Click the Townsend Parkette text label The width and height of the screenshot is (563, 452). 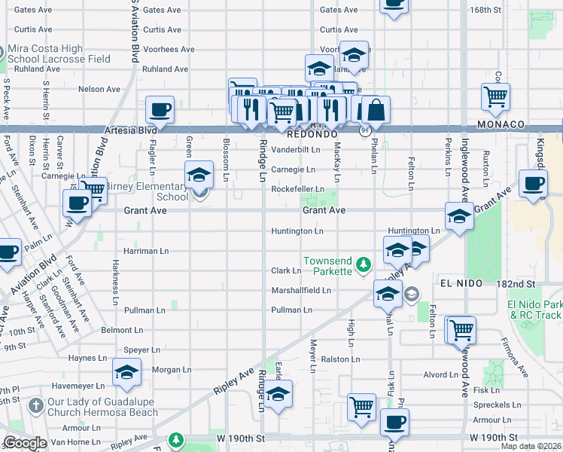[327, 266]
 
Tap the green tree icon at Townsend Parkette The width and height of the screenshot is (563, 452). [364, 264]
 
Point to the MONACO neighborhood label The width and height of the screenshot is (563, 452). [500, 124]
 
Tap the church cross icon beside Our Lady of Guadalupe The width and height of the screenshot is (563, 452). [35, 405]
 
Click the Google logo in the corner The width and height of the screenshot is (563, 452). [25, 443]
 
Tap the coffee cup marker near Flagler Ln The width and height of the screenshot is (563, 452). [160, 110]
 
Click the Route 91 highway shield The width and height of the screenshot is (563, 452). [364, 131]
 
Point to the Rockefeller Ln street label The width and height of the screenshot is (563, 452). [297, 189]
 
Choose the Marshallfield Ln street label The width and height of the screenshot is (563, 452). [301, 290]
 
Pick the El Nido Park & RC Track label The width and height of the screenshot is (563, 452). [534, 310]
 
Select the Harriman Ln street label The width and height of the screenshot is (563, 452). [142, 251]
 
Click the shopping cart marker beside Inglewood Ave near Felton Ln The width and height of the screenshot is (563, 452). [461, 329]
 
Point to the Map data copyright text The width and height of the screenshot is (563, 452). [531, 446]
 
